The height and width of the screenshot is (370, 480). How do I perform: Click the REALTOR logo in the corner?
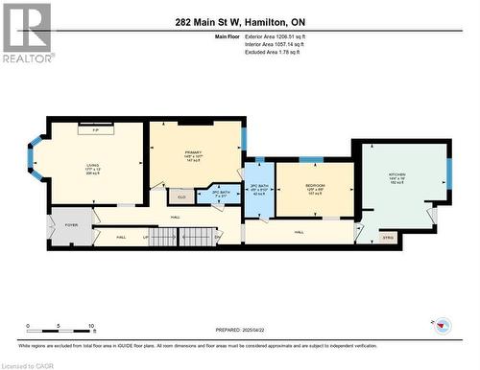click(x=26, y=33)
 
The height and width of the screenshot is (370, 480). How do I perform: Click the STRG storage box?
click(x=387, y=235)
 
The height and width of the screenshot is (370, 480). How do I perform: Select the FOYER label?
click(x=71, y=226)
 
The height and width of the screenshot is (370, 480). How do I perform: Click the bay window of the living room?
click(x=36, y=164)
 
